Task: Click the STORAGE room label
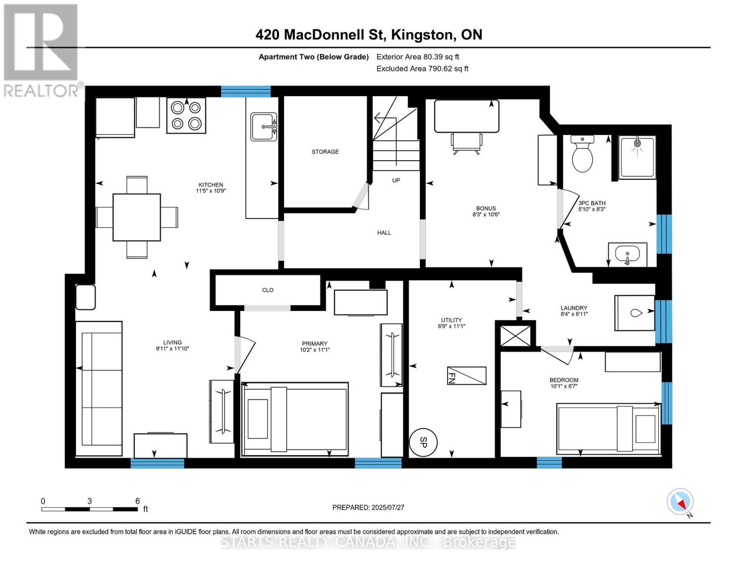coord(325,152)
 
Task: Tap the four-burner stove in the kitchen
coord(186,116)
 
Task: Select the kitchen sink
coord(263,127)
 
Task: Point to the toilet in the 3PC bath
coord(582,155)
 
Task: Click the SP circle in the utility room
coord(423,442)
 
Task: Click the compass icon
coord(681,502)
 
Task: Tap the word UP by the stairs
coord(396,180)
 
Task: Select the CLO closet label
coord(268,290)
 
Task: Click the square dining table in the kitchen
coord(137,217)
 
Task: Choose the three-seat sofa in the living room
coord(99,389)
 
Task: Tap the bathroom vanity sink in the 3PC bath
coord(627,255)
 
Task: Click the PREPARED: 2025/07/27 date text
coord(368,507)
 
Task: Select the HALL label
coord(384,233)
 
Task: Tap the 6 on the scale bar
coord(138,501)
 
